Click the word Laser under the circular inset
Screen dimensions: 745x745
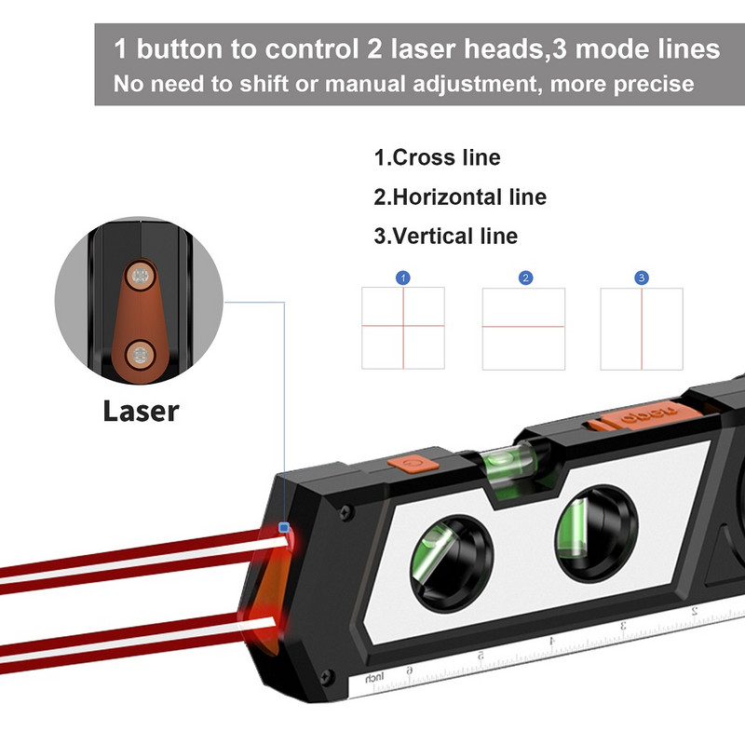click(x=140, y=410)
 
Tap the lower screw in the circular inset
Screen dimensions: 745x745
click(x=141, y=353)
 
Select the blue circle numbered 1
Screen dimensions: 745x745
click(x=402, y=278)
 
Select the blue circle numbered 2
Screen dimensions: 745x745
click(x=525, y=278)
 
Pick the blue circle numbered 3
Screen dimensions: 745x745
click(x=641, y=278)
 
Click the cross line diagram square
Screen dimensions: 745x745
click(x=402, y=328)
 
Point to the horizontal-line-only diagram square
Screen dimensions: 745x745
click(x=523, y=328)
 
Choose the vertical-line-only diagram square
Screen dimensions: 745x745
click(x=642, y=328)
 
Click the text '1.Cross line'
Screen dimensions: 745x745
click(x=437, y=157)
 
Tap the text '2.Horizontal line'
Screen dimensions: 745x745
click(x=460, y=196)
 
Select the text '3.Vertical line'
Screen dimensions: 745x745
click(x=445, y=236)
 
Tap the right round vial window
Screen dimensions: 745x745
click(x=596, y=532)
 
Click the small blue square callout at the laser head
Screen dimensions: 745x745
click(x=285, y=528)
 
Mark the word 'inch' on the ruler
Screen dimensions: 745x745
click(x=375, y=677)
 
